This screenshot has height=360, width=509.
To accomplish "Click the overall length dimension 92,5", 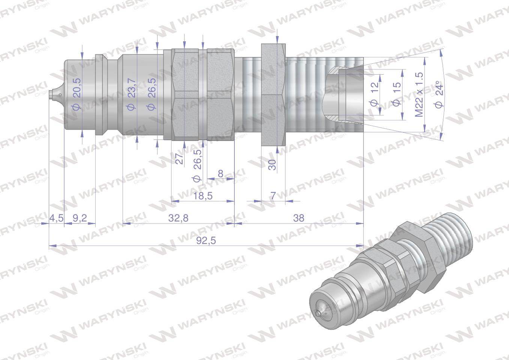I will [x=206, y=240].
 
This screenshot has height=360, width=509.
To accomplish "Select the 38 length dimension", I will [x=299, y=218].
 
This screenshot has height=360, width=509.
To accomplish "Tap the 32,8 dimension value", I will [x=179, y=218].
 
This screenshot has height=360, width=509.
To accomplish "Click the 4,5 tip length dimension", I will [x=56, y=218].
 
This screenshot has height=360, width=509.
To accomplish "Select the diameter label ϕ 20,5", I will [x=76, y=96].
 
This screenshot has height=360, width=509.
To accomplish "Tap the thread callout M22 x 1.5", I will [x=419, y=94].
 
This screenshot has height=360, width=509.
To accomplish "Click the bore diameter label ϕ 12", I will [x=375, y=94].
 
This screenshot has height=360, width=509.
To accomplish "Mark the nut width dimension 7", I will [x=273, y=195].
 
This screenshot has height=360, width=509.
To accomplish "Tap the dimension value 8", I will [x=220, y=174].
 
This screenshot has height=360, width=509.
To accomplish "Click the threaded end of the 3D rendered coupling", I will [x=450, y=240].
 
